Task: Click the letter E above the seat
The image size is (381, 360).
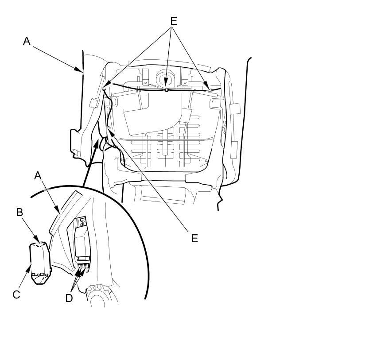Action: click(x=173, y=21)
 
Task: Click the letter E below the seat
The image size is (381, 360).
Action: click(x=194, y=238)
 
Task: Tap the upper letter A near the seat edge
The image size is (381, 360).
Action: click(x=27, y=41)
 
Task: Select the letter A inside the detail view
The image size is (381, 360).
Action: click(x=38, y=176)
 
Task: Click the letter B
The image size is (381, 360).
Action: click(x=19, y=213)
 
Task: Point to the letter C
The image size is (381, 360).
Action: click(x=16, y=294)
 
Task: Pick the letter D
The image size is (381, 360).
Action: click(x=69, y=298)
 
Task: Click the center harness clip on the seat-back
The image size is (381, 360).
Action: click(x=166, y=89)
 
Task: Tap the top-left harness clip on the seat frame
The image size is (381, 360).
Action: click(x=105, y=89)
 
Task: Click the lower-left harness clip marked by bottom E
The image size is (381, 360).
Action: click(x=109, y=129)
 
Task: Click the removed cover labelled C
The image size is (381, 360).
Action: click(x=39, y=263)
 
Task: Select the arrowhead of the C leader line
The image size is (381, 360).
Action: click(x=31, y=265)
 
